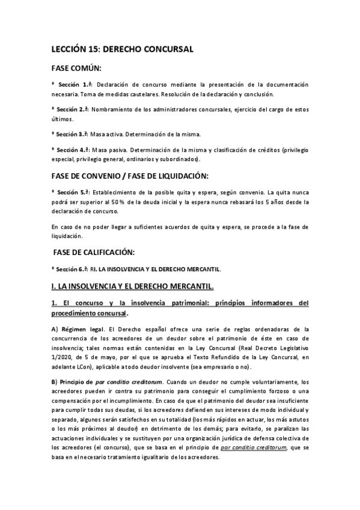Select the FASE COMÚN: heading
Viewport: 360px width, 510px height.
tap(77, 69)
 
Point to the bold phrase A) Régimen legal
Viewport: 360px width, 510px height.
tap(78, 329)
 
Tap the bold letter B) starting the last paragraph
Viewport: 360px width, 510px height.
tap(55, 382)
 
